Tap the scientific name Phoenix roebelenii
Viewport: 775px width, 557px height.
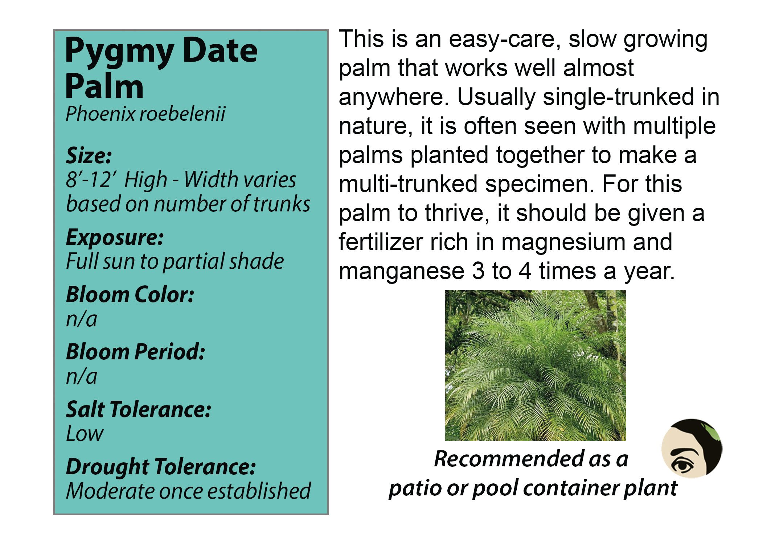pyautogui.click(x=145, y=114)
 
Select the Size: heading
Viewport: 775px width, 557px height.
pyautogui.click(x=89, y=156)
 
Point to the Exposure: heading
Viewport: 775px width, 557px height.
pyautogui.click(x=115, y=238)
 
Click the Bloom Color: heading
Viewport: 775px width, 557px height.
pyautogui.click(x=130, y=294)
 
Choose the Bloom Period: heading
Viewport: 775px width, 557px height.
pyautogui.click(x=135, y=352)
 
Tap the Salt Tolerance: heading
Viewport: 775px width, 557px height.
pyautogui.click(x=139, y=409)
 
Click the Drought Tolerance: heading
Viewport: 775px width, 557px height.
pyautogui.click(x=161, y=467)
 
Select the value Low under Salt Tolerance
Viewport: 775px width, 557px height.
pyautogui.click(x=85, y=434)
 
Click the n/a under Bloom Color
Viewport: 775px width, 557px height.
pyautogui.click(x=82, y=319)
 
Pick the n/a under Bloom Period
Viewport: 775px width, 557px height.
pyautogui.click(x=82, y=376)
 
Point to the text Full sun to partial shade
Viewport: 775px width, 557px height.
pyautogui.click(x=175, y=262)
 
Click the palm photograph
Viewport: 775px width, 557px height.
pyautogui.click(x=536, y=366)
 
